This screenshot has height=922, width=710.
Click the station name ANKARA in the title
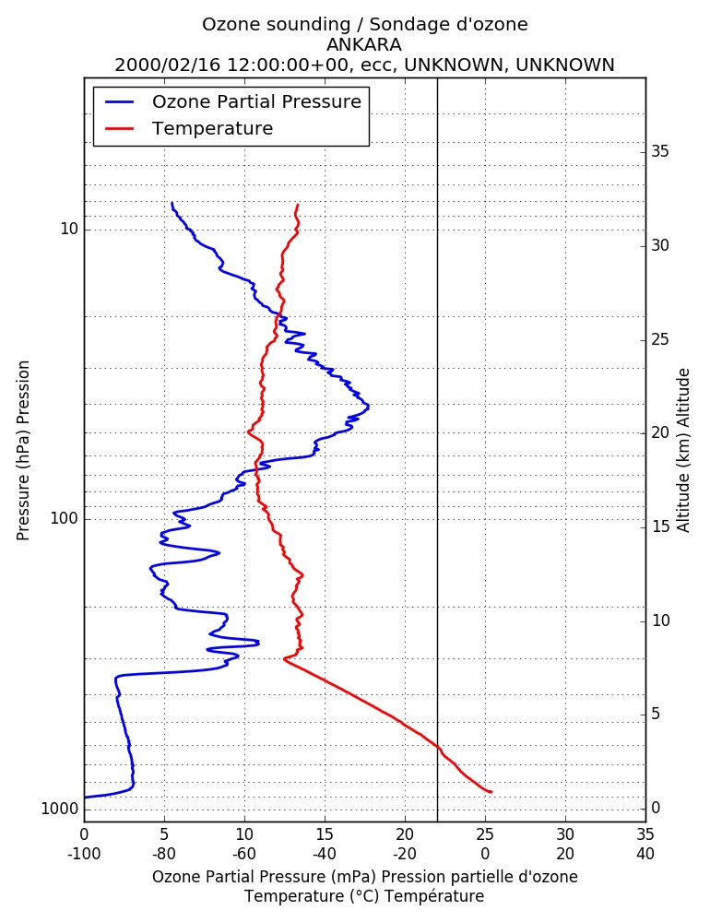(x=364, y=44)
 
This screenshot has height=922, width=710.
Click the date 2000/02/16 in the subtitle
(x=168, y=65)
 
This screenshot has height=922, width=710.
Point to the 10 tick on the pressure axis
(x=69, y=229)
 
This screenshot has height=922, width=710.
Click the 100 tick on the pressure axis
(x=65, y=518)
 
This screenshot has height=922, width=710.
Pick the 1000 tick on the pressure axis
(x=60, y=809)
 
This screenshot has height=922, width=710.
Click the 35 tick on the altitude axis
(x=660, y=152)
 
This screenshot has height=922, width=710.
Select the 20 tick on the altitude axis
(x=660, y=432)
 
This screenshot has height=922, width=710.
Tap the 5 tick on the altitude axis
(x=656, y=715)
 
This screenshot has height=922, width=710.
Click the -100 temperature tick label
(x=84, y=854)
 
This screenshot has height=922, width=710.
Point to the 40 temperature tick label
(x=645, y=854)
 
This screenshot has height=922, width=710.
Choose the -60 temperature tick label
(x=244, y=854)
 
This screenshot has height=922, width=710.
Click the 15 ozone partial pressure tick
(x=325, y=834)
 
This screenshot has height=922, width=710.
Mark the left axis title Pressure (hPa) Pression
(x=23, y=451)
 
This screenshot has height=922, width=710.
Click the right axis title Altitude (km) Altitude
(x=683, y=451)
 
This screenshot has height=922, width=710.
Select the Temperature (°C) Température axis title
(x=365, y=896)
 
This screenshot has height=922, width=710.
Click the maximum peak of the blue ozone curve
(x=368, y=405)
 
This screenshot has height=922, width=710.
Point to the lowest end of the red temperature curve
(x=491, y=792)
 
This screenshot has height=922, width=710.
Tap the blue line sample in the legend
(x=120, y=101)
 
